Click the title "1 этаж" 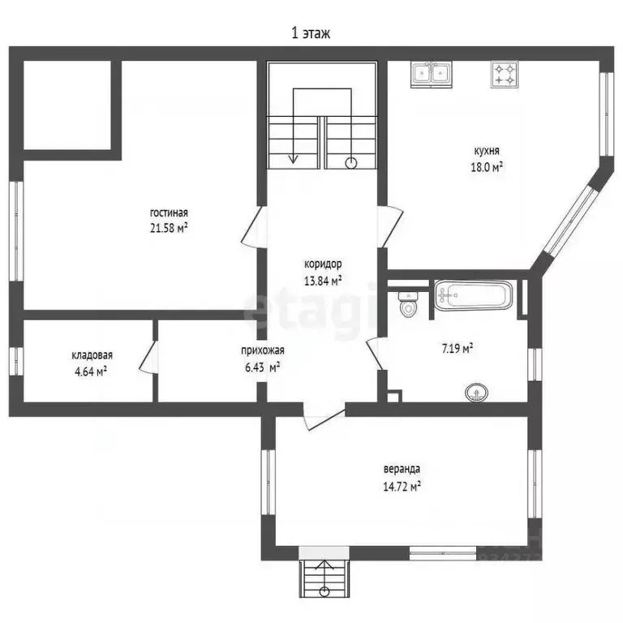[311, 33]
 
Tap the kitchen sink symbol [431, 75]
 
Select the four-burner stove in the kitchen [505, 75]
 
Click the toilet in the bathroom [408, 304]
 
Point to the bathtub [473, 294]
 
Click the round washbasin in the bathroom [476, 393]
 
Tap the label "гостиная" [169, 213]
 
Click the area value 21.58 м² [169, 228]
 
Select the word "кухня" [487, 151]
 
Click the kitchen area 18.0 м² [487, 167]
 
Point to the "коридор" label [323, 264]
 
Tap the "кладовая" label [92, 355]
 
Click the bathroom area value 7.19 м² [458, 349]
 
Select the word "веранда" [402, 469]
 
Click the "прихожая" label [263, 350]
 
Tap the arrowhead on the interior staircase [293, 159]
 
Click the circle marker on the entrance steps [324, 591]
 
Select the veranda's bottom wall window [443, 552]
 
